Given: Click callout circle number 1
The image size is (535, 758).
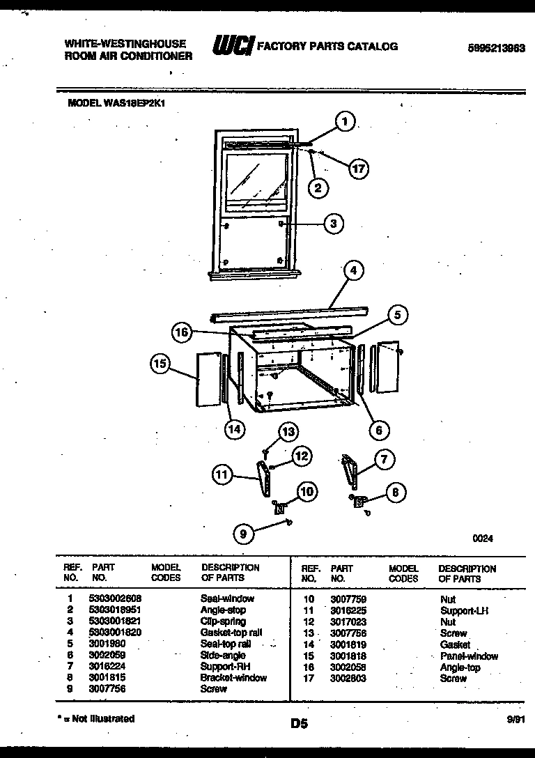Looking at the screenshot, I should pyautogui.click(x=344, y=123).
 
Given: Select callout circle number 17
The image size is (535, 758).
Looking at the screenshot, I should pyautogui.click(x=358, y=169).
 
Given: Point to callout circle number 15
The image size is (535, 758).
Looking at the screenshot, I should pyautogui.click(x=160, y=363).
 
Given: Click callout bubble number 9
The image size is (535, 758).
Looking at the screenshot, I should pyautogui.click(x=242, y=534).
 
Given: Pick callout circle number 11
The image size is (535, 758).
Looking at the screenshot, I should pyautogui.click(x=222, y=475).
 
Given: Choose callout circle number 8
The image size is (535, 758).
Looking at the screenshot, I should pyautogui.click(x=395, y=493).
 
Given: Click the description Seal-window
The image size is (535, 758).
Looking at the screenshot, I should pyautogui.click(x=227, y=598).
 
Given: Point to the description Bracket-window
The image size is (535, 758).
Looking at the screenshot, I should pyautogui.click(x=233, y=678).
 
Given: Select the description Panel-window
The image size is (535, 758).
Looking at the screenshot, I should pyautogui.click(x=469, y=656).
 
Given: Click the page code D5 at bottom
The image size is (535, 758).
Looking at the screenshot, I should pyautogui.click(x=300, y=724).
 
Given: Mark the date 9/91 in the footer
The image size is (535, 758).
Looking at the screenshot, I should pyautogui.click(x=516, y=721).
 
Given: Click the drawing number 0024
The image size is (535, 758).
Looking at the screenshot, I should pyautogui.click(x=483, y=538).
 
